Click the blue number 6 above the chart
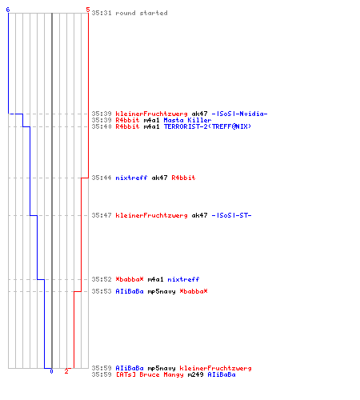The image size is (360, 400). (x=8, y=10)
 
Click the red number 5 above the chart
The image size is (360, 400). (x=88, y=10)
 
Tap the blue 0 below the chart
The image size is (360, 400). (x=51, y=371)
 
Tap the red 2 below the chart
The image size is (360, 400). (x=66, y=371)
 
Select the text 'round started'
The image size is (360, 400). (x=142, y=13)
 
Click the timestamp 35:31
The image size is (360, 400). (x=102, y=13)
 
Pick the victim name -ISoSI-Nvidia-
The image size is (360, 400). (x=239, y=114)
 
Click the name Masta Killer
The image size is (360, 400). (x=187, y=120)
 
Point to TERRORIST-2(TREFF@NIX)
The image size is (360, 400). (x=207, y=126)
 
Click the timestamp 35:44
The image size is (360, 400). (x=102, y=178)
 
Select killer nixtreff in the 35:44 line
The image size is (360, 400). (x=131, y=178)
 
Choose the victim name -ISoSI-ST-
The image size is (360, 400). (x=231, y=215)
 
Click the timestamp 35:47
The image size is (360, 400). (x=102, y=215)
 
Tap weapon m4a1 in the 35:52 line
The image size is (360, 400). (x=155, y=279)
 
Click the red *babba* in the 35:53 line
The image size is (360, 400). (x=194, y=291)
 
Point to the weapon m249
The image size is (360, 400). (x=195, y=374)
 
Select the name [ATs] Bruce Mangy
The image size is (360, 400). (x=150, y=374)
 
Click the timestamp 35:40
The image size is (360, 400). (x=102, y=126)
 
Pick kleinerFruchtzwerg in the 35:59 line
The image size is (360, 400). (x=215, y=368)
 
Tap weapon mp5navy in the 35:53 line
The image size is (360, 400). (x=162, y=291)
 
